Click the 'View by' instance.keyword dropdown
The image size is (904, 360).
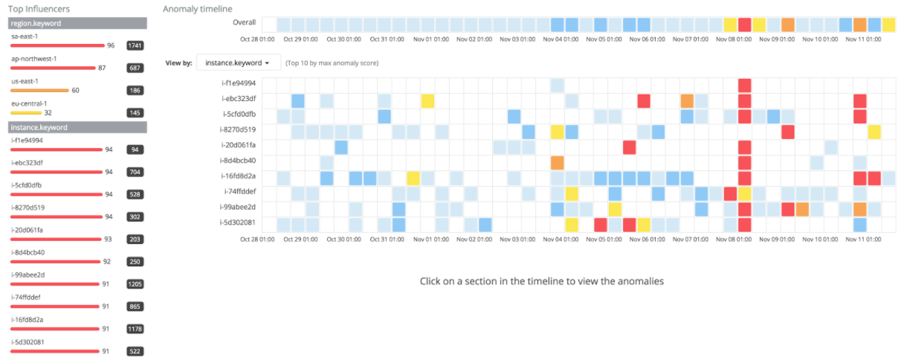point(238,62)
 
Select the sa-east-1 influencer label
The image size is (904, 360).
point(24,36)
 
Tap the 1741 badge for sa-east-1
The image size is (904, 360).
point(135,45)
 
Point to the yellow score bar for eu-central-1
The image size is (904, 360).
point(25,112)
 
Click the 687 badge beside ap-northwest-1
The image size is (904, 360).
point(135,68)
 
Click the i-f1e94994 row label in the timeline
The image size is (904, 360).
point(239,83)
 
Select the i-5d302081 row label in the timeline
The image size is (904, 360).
point(239,222)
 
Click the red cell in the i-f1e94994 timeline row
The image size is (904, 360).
point(745,86)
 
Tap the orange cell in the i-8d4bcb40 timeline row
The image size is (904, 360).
point(558,162)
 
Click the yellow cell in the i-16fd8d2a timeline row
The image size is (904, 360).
point(413,178)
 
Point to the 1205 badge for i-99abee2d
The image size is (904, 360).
point(135,283)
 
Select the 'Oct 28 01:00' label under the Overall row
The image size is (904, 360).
point(257,39)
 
